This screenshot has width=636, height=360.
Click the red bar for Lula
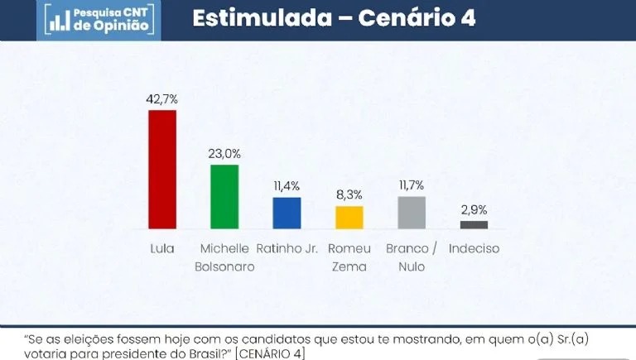pos(162,169)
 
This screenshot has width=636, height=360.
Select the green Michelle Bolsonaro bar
pos(224,196)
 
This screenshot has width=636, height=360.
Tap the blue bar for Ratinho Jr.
pos(287,213)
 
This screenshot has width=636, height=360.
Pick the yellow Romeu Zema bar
pos(349,217)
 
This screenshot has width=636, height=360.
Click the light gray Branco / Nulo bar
pos(412,212)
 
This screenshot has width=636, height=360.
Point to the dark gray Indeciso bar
pos(474,224)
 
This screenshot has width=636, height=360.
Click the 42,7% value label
pos(162,99)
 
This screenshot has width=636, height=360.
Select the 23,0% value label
pos(224,154)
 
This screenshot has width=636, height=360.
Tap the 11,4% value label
pos(287,186)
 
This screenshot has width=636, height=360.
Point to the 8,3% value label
pos(349,195)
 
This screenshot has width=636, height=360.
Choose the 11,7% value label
pos(412,185)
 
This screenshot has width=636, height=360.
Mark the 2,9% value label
pos(474,210)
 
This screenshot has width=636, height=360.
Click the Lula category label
pos(162,248)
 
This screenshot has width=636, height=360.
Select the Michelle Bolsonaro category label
pos(226,257)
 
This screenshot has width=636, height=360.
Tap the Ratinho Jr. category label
pos(287,248)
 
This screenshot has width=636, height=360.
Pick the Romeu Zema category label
pos(348,257)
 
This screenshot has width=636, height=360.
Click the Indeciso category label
pos(474,248)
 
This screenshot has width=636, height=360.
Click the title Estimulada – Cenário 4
pos(334,18)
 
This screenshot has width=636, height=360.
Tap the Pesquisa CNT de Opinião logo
pos(99,19)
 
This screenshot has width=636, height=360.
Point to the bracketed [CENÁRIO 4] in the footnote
pos(270,354)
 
